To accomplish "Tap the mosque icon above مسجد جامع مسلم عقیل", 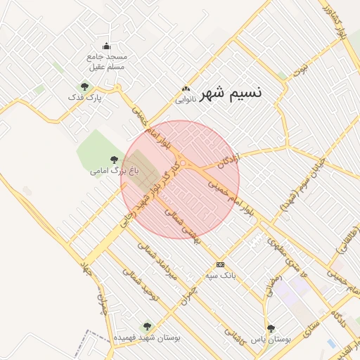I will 106,46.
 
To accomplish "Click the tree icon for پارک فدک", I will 84,87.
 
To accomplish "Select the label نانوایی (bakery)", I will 186,100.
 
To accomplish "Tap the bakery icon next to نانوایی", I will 186,89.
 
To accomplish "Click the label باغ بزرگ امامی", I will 115,170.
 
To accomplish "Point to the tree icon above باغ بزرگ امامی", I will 115,160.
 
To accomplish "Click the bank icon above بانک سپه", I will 221,265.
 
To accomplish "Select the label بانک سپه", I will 221,275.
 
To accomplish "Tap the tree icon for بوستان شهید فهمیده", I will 146,326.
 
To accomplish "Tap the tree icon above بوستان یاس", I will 271,328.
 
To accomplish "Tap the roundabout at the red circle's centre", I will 183,164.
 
